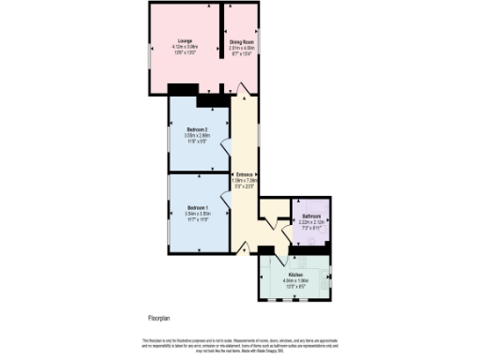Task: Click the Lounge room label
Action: [x=175, y=40]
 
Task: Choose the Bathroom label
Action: [x=311, y=217]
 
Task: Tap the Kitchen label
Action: [x=296, y=274]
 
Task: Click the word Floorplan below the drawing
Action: [x=160, y=319]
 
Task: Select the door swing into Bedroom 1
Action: [x=226, y=199]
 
